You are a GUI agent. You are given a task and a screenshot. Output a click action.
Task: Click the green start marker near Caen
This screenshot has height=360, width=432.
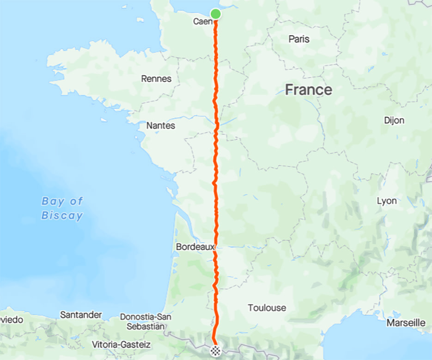(215, 14)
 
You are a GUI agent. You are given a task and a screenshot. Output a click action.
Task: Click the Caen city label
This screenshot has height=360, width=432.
(202, 22)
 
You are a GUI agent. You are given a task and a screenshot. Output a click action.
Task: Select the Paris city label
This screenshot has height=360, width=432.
(299, 39)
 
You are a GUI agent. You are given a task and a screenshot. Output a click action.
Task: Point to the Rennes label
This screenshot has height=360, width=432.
(156, 79)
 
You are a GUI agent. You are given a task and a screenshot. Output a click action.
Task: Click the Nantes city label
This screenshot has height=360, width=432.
(160, 125)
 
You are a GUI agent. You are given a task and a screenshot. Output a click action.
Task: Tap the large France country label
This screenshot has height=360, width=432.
(308, 90)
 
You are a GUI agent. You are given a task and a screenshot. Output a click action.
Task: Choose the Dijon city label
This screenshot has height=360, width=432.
(394, 121)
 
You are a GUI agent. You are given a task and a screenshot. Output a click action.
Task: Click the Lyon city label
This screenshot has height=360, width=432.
(386, 201)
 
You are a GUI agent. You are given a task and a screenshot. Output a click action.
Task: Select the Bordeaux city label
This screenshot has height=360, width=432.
(195, 247)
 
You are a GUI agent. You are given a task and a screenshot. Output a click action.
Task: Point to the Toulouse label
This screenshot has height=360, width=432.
(267, 308)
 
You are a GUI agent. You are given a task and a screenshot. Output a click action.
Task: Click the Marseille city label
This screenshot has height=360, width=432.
(406, 323)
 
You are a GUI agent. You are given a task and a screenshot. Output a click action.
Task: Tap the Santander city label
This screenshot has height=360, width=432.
(81, 315)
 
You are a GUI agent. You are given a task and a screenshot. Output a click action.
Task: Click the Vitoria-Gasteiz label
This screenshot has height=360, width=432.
(122, 345)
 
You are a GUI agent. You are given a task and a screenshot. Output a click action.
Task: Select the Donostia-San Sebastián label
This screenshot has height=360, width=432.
(146, 322)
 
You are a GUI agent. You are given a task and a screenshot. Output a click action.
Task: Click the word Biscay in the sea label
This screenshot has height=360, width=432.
(62, 215)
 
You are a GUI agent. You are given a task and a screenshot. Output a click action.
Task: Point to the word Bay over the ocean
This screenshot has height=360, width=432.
(51, 201)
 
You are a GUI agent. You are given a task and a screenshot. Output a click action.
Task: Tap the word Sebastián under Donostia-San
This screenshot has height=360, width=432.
(146, 326)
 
